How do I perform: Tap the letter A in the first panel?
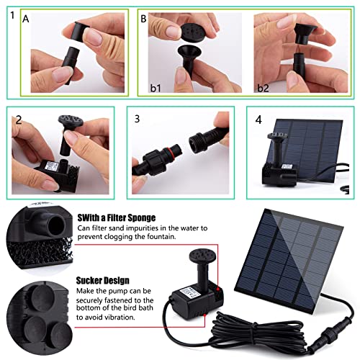(26, 20)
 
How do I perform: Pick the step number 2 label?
(17, 119)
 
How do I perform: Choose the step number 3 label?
(135, 119)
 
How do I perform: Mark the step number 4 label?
(257, 119)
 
